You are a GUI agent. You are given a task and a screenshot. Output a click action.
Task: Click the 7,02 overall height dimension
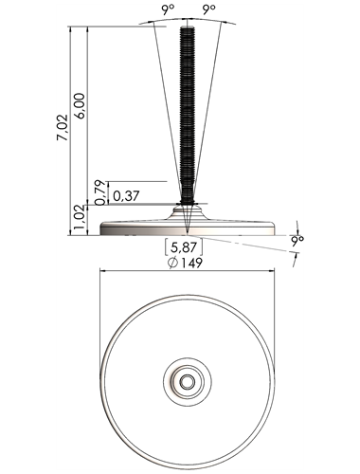point(63,127)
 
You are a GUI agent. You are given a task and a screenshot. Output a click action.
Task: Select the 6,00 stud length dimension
point(80,105)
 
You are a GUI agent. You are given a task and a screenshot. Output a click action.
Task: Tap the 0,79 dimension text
point(99,192)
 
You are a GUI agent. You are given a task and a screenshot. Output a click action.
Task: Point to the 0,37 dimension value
point(126,196)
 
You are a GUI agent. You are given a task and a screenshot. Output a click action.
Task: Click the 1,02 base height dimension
point(80,220)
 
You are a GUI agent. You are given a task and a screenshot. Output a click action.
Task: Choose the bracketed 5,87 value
point(184,247)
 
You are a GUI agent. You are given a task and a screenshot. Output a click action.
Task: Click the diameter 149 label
point(186,263)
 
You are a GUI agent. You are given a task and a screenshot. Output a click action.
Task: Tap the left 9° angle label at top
point(169,10)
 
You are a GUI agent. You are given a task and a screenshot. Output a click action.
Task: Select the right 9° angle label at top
point(208,10)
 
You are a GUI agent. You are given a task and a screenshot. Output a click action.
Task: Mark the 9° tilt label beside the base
point(297,242)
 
